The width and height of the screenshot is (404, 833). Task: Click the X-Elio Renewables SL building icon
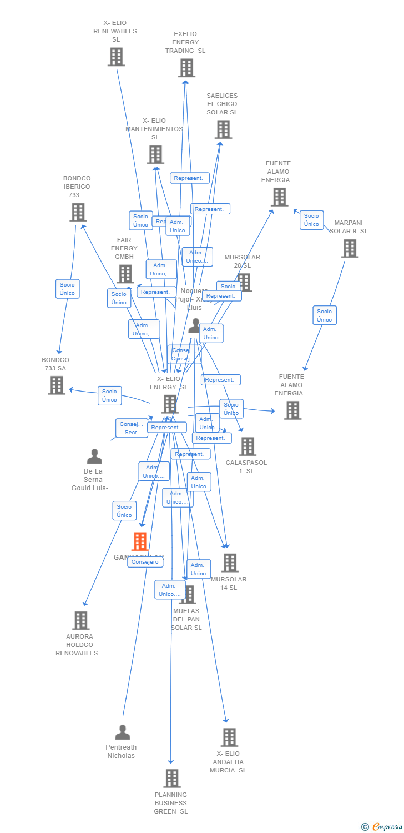[116, 57]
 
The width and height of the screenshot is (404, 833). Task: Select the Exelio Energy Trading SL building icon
[186, 68]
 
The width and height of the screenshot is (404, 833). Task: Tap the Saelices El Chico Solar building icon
[223, 129]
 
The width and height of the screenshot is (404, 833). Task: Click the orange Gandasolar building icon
[140, 541]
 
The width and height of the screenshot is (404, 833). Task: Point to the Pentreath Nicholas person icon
[122, 732]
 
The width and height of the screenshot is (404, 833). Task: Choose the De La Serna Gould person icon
[94, 456]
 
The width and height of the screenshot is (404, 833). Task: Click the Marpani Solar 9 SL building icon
[350, 248]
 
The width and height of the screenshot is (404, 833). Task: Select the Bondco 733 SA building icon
[57, 385]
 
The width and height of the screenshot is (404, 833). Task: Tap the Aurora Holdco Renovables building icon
[80, 620]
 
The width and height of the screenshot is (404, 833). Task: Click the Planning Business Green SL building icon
[172, 778]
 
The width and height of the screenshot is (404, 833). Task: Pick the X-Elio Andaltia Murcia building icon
[229, 737]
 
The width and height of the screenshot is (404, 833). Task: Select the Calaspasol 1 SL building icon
[247, 446]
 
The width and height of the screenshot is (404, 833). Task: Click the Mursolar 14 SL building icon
[229, 563]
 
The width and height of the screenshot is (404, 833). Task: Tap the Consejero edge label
[145, 562]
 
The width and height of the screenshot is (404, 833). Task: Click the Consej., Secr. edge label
[132, 428]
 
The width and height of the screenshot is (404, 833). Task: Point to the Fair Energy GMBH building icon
[125, 274]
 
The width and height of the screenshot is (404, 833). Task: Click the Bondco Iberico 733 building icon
[78, 212]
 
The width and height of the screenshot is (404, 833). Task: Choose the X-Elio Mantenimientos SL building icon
[155, 154]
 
